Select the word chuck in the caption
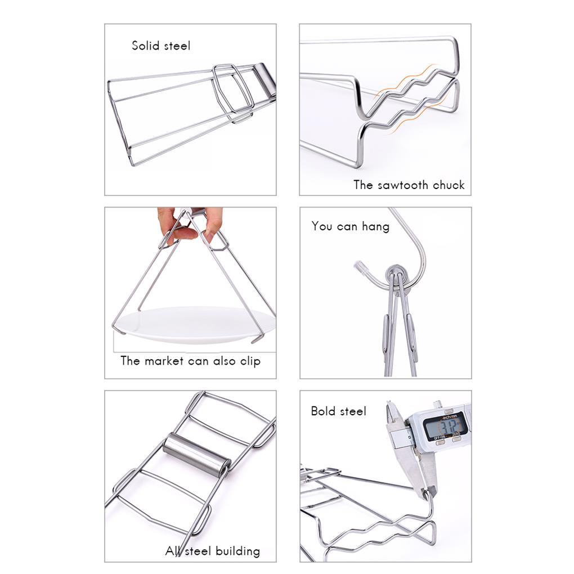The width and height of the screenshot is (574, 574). (x=449, y=185)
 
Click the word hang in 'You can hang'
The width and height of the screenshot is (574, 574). (x=375, y=226)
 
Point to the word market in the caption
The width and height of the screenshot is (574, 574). (x=164, y=361)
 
